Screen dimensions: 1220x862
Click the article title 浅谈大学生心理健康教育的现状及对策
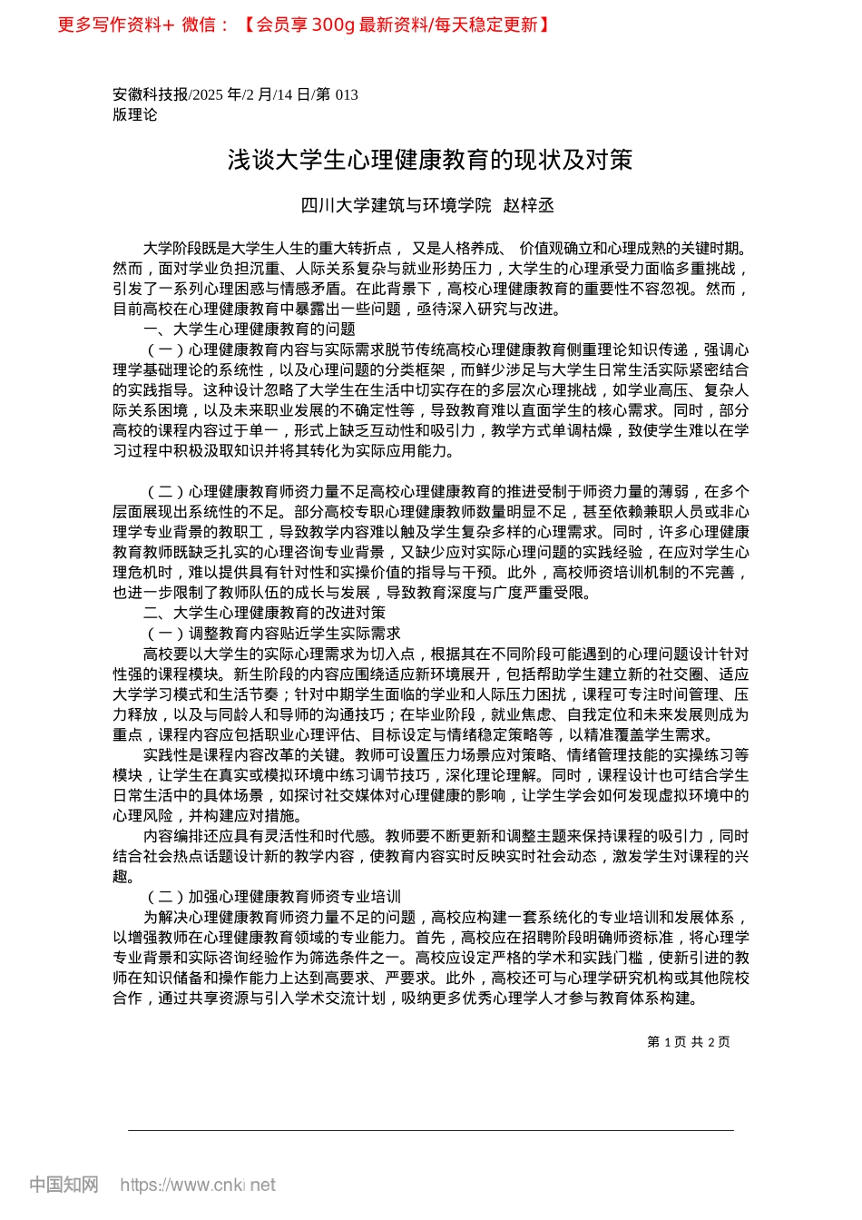430,161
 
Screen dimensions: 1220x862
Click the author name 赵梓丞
529,206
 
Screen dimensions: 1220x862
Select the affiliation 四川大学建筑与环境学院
396,206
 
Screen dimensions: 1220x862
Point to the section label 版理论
135,115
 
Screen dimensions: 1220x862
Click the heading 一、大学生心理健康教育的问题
249,330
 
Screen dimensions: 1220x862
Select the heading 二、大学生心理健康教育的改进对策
264,613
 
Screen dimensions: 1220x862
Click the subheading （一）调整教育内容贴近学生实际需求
272,634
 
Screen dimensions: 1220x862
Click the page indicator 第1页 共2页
689,1042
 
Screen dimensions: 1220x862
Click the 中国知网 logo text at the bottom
64,1185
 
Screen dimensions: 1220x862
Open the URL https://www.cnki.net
198,1185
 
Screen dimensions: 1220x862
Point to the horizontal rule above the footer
430,1131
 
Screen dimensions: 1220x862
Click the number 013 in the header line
347,94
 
